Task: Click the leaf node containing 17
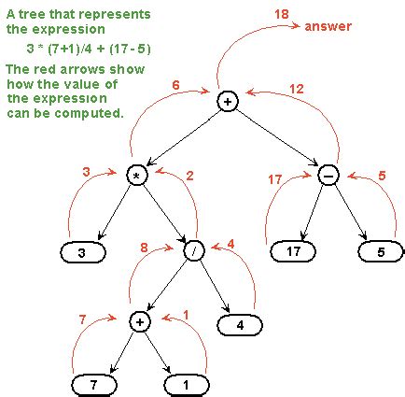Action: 294,250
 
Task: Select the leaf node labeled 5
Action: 382,250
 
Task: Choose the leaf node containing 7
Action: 95,384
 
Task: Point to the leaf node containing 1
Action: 187,384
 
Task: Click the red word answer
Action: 328,26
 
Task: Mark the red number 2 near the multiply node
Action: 189,175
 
